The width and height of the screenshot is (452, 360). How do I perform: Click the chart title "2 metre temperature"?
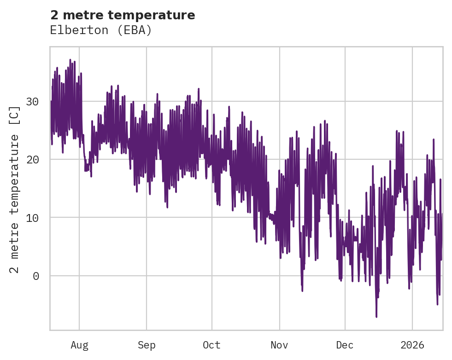[x=123, y=15]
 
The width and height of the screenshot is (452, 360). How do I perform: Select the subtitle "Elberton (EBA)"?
[x=101, y=30]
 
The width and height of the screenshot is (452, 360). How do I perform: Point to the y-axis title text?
[x=15, y=189]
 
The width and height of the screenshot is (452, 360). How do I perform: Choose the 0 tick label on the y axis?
[x=35, y=276]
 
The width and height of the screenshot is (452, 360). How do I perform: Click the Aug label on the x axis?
[x=79, y=345]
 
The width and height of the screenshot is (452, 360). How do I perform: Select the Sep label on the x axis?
[x=147, y=345]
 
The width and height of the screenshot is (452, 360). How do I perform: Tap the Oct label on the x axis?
[x=212, y=345]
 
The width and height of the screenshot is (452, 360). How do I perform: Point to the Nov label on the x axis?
[x=279, y=345]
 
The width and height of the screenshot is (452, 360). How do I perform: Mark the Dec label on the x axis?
[x=345, y=345]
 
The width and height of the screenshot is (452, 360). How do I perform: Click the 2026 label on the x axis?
[x=412, y=345]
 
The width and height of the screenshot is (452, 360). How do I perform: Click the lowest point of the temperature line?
[x=376, y=317]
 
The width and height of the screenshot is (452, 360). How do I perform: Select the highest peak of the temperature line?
[x=70, y=60]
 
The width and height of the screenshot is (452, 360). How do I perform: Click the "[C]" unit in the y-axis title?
[x=15, y=116]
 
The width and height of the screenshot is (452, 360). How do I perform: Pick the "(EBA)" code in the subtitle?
[x=135, y=30]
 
